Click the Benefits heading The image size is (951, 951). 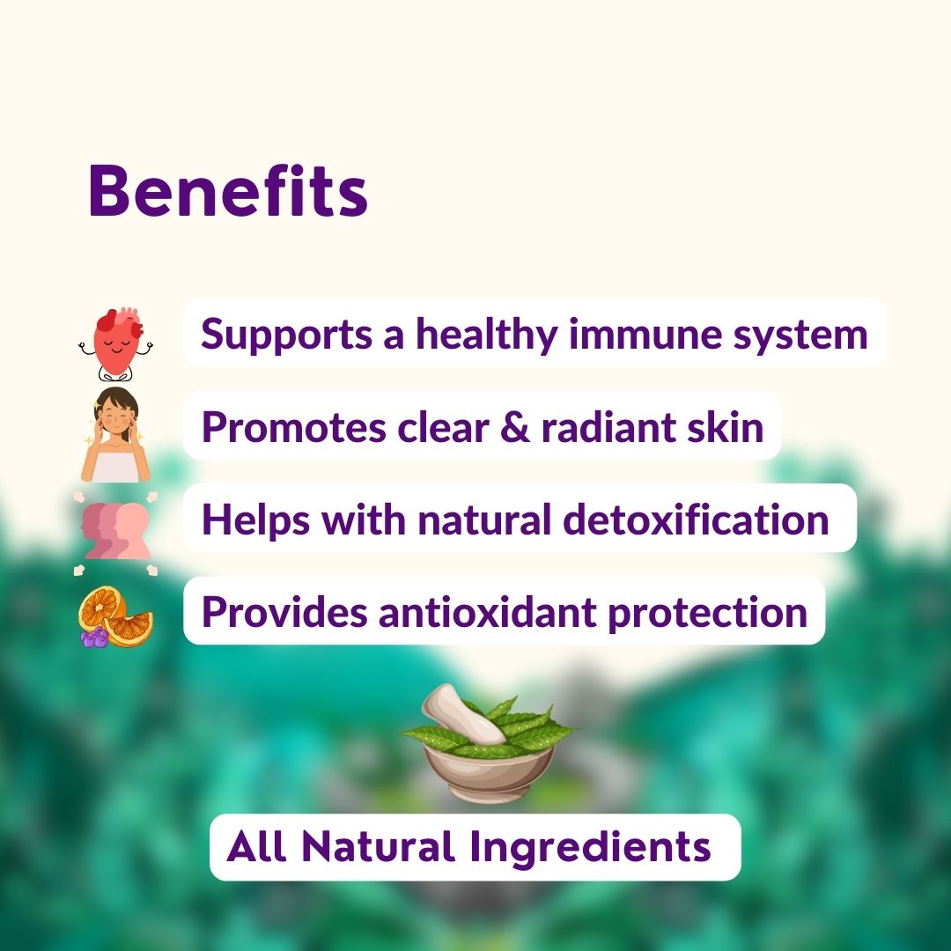pos(228,192)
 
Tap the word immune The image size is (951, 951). pos(640,334)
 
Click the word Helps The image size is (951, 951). pos(255,520)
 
